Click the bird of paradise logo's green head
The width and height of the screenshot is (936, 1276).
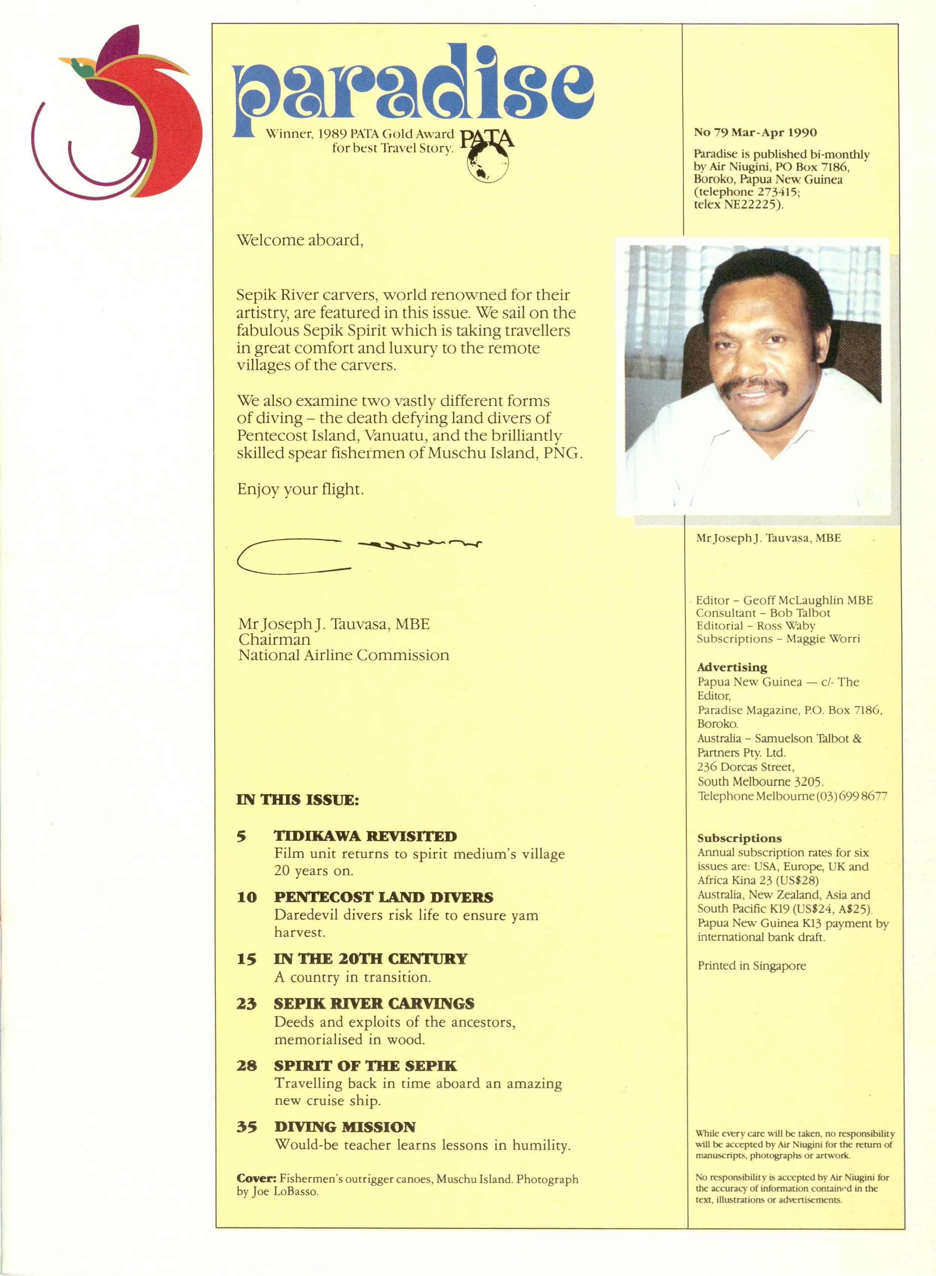[x=85, y=70]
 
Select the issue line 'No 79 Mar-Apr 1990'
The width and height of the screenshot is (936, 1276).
[x=755, y=132]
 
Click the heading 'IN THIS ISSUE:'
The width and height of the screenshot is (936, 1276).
[x=297, y=800]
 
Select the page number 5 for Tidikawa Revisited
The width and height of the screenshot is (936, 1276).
[x=242, y=836]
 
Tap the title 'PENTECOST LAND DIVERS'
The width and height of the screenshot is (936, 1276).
[x=384, y=897]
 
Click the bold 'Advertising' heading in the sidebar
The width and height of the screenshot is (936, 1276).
[x=732, y=667]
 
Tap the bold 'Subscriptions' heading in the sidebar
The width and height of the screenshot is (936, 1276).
[x=739, y=838]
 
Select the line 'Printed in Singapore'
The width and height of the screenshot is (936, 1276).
[x=751, y=965]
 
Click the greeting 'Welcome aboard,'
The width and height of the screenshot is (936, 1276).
[x=300, y=240]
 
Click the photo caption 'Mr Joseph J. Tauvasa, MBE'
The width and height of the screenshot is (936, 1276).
[x=768, y=538]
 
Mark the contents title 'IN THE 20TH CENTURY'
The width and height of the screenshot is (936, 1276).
[x=370, y=959]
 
